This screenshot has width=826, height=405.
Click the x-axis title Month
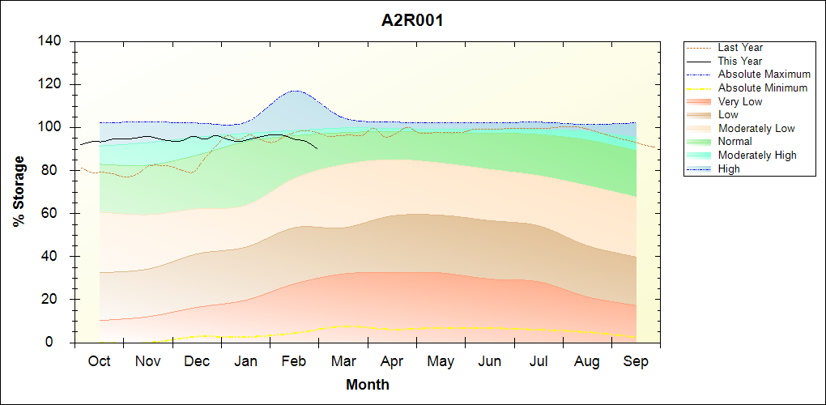click(367, 385)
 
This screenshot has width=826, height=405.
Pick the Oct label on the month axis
click(99, 361)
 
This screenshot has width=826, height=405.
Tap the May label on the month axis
click(441, 361)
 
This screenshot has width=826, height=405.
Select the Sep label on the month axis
click(636, 361)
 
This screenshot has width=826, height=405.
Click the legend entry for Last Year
click(740, 48)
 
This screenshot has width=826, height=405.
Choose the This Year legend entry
click(740, 61)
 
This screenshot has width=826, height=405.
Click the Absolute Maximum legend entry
click(764, 75)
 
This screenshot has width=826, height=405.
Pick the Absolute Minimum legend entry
click(762, 87)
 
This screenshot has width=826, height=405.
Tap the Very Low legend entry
click(740, 101)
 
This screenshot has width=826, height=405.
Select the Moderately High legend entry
click(757, 155)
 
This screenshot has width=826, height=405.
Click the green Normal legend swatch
click(699, 142)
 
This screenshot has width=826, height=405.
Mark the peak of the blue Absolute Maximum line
click(295, 91)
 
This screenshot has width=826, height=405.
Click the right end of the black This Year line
click(317, 148)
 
